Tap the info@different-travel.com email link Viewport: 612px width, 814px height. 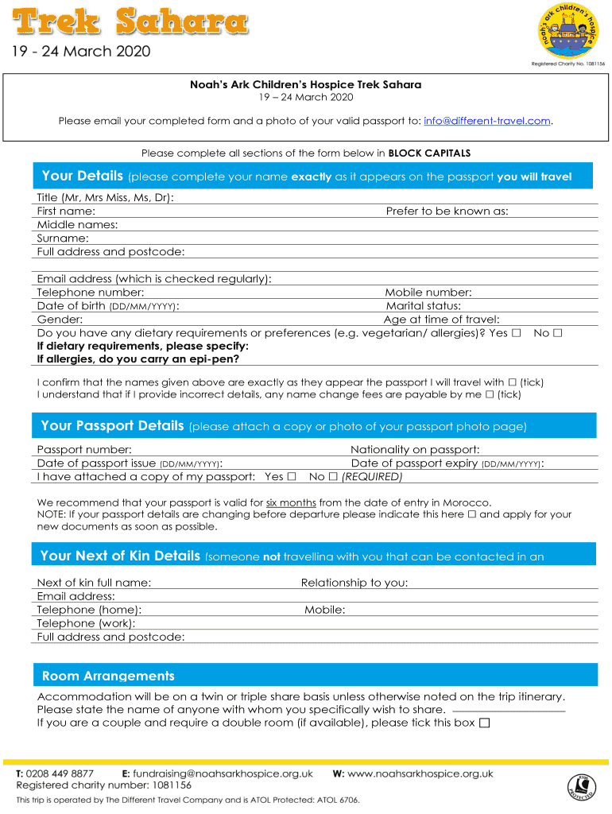487,121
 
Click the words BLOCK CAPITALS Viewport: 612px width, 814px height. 429,153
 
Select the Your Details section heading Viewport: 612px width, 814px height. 82,176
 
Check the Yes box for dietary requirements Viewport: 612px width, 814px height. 517,333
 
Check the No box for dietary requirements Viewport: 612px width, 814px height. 557,333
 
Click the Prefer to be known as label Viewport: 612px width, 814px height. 447,211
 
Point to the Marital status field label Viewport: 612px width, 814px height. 423,306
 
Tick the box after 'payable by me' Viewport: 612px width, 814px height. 490,394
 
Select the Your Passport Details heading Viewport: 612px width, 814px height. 112,426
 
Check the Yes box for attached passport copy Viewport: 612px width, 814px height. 292,477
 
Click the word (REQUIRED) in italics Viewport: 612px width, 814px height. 372,477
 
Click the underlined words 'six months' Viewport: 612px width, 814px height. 291,502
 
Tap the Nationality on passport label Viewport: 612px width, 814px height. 415,450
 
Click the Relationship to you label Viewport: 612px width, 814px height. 354,583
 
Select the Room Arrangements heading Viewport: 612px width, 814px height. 108,676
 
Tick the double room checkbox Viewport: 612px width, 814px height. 485,723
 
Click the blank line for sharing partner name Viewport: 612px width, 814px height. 508,710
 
